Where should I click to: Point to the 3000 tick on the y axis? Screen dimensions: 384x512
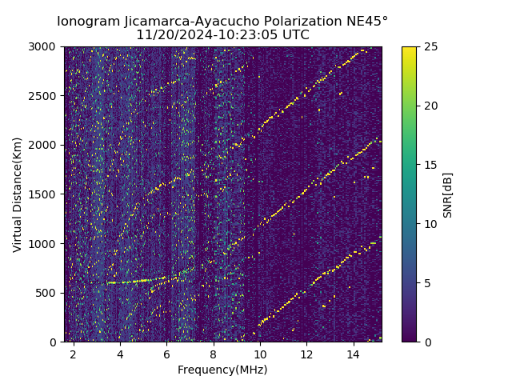(45, 46)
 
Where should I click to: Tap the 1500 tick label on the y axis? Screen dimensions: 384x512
(45, 194)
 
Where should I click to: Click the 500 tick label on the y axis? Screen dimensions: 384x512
(48, 293)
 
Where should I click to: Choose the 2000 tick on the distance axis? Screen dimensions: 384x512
(45, 145)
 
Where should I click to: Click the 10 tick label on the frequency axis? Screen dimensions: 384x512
(260, 354)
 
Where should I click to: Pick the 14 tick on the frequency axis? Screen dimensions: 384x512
(353, 354)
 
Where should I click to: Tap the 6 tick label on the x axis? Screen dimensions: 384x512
(166, 354)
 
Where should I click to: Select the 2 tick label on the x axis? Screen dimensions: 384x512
(74, 354)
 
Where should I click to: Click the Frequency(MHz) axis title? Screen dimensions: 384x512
(222, 370)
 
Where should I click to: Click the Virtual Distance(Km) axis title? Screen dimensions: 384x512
(18, 194)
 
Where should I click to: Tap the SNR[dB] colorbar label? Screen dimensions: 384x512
(448, 194)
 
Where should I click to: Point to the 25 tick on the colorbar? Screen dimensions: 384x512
(429, 46)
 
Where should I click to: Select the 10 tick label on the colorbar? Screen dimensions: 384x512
(429, 224)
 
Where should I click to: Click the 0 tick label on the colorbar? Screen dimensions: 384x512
(426, 342)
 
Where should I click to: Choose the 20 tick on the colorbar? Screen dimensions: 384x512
(429, 106)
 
